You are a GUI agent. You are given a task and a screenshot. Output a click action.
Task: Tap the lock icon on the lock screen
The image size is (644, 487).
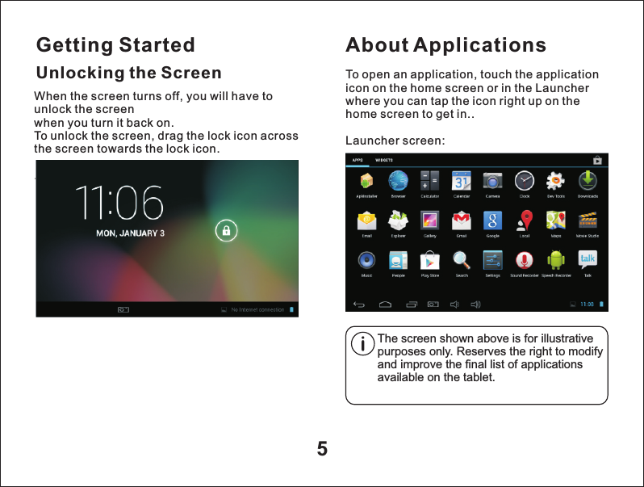[227, 231]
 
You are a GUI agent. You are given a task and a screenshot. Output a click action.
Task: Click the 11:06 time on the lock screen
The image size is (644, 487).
[119, 204]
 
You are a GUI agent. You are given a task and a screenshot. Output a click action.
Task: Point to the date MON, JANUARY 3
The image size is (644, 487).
[131, 233]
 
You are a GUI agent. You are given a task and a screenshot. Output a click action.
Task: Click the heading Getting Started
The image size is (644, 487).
[116, 44]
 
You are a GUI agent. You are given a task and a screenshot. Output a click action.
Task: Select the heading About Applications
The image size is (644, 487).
[445, 44]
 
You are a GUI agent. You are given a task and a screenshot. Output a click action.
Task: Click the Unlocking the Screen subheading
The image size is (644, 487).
[128, 73]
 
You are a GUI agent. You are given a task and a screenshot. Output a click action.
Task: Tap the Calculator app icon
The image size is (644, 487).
[430, 180]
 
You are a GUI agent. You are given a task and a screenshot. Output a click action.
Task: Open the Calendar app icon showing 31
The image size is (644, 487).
[462, 180]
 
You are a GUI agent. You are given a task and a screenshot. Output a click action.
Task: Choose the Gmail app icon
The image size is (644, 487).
[462, 220]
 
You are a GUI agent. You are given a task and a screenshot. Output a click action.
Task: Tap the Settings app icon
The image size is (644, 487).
[492, 259]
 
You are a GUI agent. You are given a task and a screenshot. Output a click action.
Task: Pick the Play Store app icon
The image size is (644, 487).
[430, 259]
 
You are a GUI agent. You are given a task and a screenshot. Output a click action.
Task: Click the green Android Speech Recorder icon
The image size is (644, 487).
[555, 259]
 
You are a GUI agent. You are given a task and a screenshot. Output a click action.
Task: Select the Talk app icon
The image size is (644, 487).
[588, 259]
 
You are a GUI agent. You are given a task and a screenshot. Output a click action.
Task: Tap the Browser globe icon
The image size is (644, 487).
[398, 180]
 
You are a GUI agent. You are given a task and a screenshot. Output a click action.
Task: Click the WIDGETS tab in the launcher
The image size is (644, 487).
[383, 160]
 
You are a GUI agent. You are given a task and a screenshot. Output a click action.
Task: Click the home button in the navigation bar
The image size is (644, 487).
[385, 304]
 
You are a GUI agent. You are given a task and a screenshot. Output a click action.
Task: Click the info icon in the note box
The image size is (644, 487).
[364, 345]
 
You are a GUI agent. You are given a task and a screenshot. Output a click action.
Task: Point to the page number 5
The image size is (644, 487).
[322, 449]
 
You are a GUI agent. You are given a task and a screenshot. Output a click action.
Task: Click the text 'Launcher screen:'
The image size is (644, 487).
[395, 141]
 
